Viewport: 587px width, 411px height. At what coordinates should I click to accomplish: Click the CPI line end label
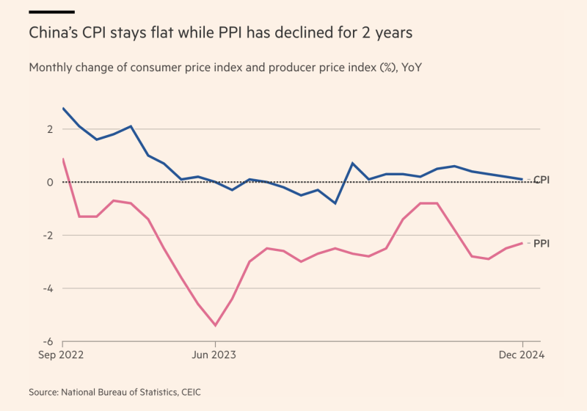click(x=542, y=180)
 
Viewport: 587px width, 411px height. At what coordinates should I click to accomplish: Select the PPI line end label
click(x=542, y=244)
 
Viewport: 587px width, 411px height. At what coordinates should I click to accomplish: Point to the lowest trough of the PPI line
click(x=215, y=325)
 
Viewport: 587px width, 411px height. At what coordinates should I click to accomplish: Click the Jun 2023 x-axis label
click(x=215, y=355)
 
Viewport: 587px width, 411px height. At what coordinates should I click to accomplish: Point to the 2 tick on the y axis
click(x=51, y=129)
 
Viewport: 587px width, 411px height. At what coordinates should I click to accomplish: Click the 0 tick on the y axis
click(x=51, y=182)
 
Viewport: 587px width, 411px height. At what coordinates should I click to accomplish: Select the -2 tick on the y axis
click(x=48, y=235)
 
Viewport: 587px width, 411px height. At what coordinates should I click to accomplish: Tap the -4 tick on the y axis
click(x=48, y=288)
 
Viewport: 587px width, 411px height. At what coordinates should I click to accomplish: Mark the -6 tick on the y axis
click(x=48, y=341)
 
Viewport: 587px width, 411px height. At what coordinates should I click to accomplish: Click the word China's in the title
click(x=54, y=34)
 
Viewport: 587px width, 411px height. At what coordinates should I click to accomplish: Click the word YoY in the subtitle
click(x=411, y=68)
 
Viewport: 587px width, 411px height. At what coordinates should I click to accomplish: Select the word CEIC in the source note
click(x=187, y=393)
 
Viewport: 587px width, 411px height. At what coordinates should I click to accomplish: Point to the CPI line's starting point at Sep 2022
click(x=63, y=108)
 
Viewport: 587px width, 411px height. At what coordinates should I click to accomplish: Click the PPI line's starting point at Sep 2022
click(x=63, y=159)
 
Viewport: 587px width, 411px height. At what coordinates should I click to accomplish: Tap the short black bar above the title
click(x=51, y=12)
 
